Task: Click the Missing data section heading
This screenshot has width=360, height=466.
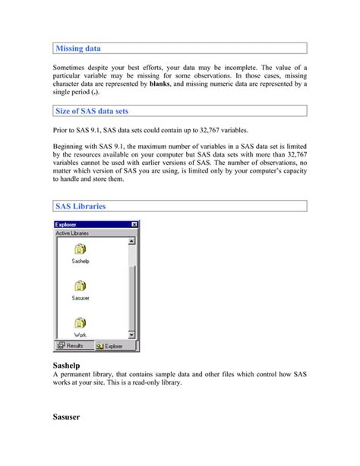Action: (x=78, y=49)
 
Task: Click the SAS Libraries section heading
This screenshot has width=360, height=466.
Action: (x=81, y=206)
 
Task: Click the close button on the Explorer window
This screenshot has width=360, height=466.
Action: (x=134, y=224)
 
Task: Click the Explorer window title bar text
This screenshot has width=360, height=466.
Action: (x=67, y=224)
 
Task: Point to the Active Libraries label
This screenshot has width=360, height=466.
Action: (x=73, y=233)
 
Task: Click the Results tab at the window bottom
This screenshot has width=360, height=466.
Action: (x=71, y=345)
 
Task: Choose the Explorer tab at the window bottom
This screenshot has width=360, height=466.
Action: (x=109, y=345)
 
